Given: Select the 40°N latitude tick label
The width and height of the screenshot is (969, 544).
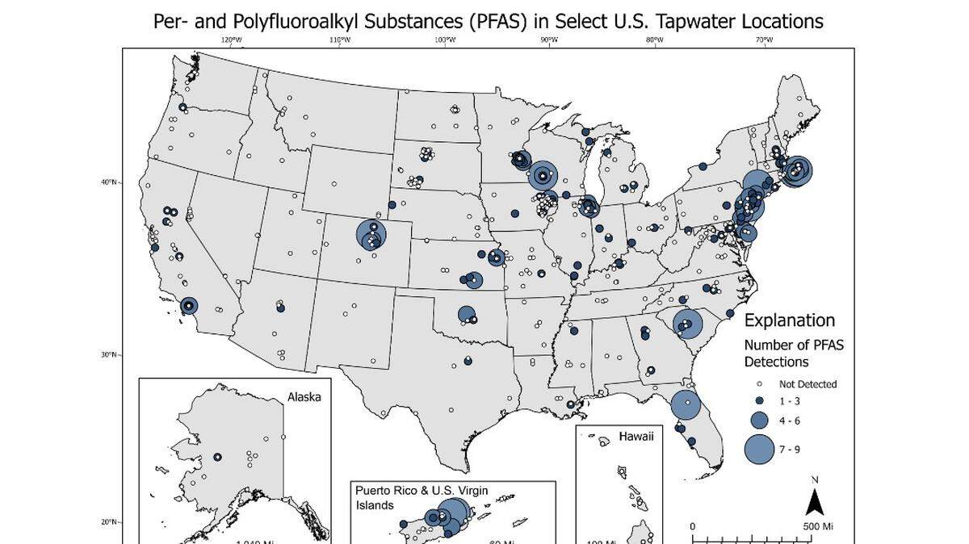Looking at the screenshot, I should coord(108,182).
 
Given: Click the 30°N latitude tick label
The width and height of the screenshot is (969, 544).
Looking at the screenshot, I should coord(108,354).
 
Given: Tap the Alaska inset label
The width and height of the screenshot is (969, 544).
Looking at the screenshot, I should coord(304,396).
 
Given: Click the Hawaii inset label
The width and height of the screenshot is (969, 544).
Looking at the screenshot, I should coord(636,437).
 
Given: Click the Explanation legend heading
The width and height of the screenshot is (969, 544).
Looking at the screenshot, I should coord(789,320).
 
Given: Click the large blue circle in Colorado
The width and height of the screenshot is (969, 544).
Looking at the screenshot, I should coord(372,235).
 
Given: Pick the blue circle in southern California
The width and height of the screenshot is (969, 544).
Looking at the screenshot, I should coord(189,306).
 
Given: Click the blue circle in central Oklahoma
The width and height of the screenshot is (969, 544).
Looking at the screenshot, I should coord(466,314).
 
